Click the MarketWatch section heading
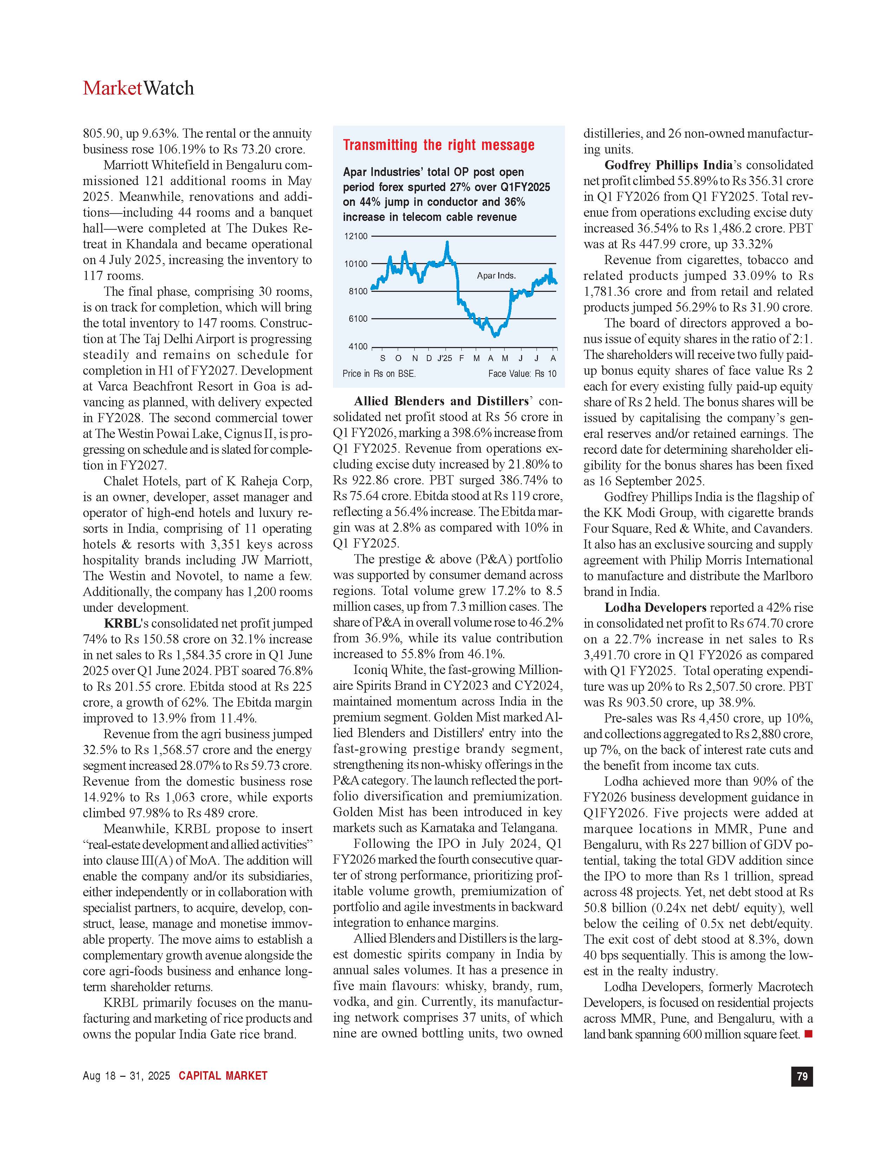click(x=138, y=88)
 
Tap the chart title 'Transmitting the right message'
click(x=439, y=145)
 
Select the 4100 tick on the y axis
click(x=357, y=347)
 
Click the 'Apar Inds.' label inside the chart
click(x=496, y=275)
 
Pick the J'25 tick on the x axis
click(x=444, y=358)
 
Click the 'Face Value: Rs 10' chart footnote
click(x=522, y=374)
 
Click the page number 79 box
click(x=802, y=1076)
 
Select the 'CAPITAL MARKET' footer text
click(x=223, y=1076)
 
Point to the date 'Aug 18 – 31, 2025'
click(x=126, y=1076)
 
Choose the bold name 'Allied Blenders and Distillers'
click(x=442, y=401)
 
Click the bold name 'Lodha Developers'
click(x=655, y=608)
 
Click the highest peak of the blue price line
click(x=447, y=243)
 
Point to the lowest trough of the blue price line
click(x=495, y=336)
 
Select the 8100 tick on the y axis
click(x=357, y=292)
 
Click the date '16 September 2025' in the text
click(x=650, y=481)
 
